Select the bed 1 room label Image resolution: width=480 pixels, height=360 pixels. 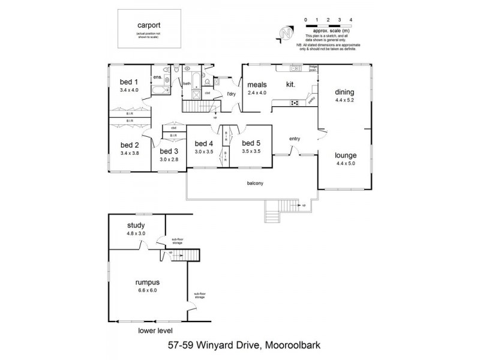coord(129,82)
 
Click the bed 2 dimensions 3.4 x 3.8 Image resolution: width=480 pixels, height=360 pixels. coord(129,153)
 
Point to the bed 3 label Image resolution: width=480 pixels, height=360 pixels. coord(169,151)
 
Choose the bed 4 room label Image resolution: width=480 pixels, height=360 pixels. coord(204,143)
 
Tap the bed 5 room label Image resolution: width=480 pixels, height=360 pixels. coord(251,143)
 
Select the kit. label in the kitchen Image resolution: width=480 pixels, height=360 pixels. coord(292,85)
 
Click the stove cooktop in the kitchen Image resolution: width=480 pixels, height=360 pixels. coord(295,103)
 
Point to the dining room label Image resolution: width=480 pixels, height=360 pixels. coord(344,92)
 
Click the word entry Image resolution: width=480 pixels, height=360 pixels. coord(295,139)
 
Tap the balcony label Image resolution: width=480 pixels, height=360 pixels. coord(255,183)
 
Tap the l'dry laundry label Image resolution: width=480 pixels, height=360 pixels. coord(231,94)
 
